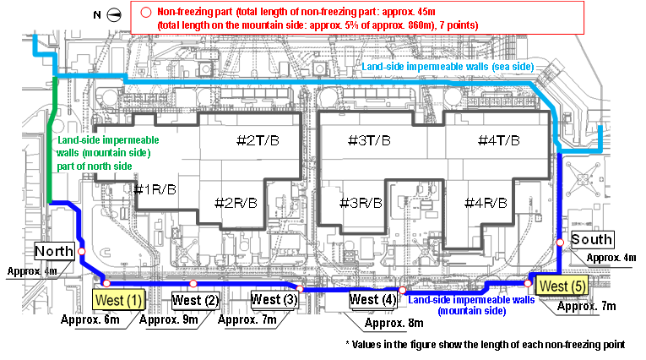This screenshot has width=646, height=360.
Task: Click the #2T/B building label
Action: click(258, 140)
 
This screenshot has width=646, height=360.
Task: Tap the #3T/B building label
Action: click(369, 140)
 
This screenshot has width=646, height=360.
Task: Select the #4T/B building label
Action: click(498, 140)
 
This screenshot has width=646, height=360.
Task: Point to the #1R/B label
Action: click(155, 189)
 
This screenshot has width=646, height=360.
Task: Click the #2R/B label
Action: click(236, 203)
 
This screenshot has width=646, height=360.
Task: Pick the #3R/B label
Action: click(361, 203)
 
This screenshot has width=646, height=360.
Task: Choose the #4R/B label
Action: click(486, 203)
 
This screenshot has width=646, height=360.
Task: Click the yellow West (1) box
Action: click(119, 300)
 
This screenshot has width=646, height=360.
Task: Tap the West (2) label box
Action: click(195, 300)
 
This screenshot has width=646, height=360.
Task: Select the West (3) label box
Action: click(274, 299)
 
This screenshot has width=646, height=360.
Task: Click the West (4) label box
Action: click(373, 299)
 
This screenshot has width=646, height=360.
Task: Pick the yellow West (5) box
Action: click(562, 286)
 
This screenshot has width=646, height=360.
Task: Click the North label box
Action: click(54, 251)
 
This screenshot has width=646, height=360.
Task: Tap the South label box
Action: click(592, 239)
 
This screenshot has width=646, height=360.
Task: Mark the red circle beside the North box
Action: click(82, 251)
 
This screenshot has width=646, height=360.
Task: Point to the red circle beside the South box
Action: click(560, 242)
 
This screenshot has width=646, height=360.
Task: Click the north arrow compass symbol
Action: click(114, 15)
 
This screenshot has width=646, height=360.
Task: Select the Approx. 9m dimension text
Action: click(169, 319)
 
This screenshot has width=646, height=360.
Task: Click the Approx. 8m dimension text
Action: click(394, 323)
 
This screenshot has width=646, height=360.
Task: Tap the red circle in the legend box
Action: click(145, 13)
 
